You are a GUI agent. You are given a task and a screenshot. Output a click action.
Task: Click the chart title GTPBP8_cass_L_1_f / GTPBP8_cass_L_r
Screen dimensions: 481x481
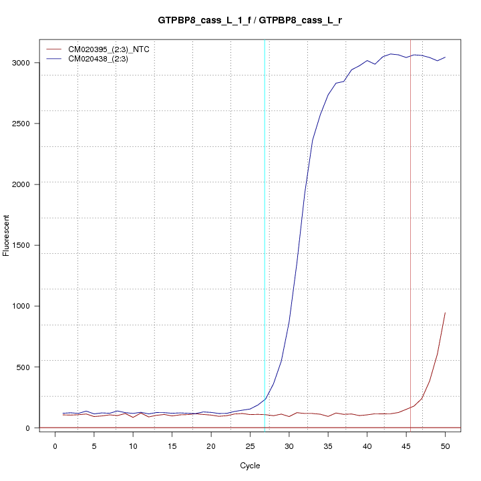pos(250,21)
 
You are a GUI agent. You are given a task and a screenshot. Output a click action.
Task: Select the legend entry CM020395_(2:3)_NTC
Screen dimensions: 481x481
pos(113,49)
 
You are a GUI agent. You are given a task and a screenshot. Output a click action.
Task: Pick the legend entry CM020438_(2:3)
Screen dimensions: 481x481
pos(103,59)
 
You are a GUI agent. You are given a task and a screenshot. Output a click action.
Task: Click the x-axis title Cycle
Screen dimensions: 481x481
pos(250,466)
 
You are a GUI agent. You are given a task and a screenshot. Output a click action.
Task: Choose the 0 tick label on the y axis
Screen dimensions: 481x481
pos(26,428)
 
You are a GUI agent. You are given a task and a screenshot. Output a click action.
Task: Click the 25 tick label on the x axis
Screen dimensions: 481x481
pos(250,446)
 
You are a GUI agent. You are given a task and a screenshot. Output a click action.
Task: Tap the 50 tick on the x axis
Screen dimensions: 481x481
pos(445,446)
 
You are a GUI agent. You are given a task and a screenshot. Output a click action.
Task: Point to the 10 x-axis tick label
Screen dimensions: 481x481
pos(133,446)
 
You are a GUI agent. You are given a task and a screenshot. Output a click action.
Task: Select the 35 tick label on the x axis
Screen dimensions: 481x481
pos(328,446)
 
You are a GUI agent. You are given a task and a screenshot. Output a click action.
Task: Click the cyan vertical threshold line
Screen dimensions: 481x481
pos(265,234)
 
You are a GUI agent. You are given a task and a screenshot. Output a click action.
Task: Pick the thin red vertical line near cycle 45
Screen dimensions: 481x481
pos(411,234)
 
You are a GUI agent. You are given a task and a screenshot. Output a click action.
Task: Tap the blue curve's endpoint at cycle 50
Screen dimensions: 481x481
pos(445,57)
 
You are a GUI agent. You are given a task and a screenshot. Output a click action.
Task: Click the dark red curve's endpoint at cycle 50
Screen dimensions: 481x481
pos(445,313)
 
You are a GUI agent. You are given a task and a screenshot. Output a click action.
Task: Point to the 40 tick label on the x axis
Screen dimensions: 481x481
pos(367,446)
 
